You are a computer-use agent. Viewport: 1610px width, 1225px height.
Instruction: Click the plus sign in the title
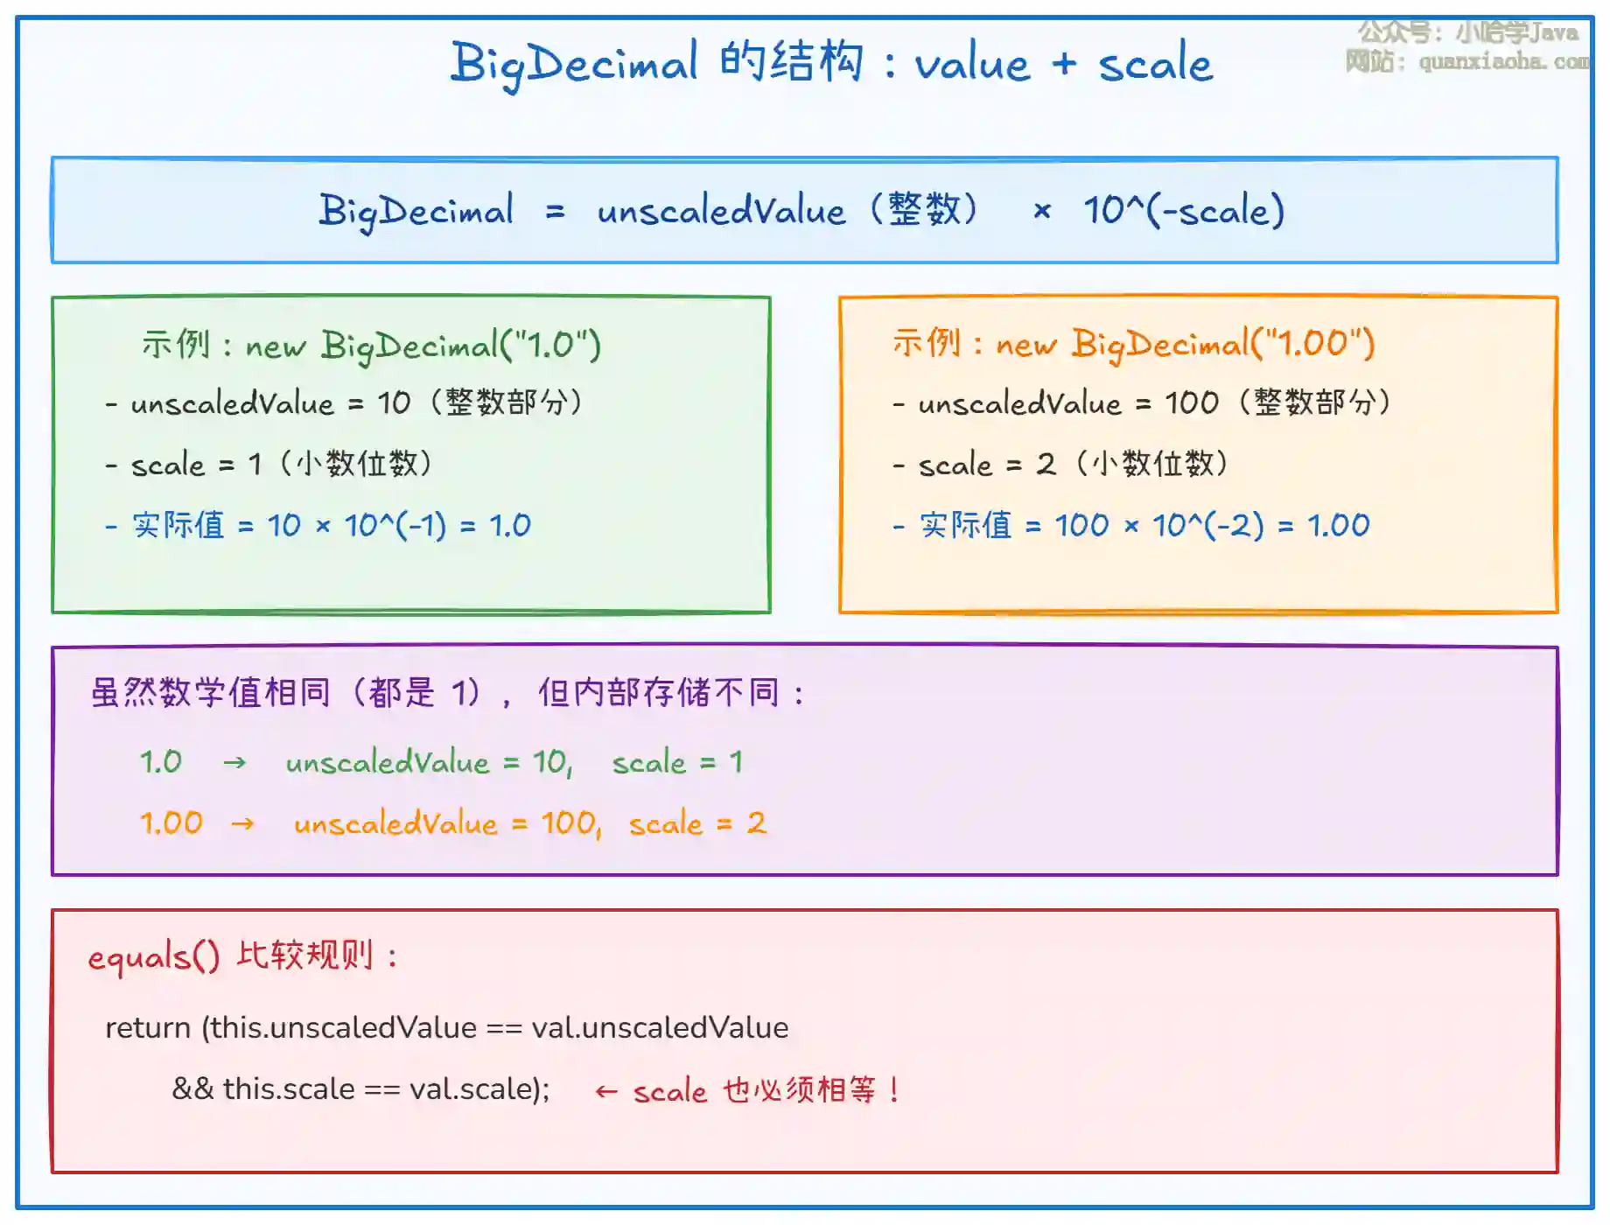pyautogui.click(x=1064, y=63)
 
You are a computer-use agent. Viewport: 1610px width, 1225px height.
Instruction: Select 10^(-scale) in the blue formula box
pyautogui.click(x=1184, y=210)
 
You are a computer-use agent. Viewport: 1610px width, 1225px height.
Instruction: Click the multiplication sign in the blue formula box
pyautogui.click(x=1041, y=211)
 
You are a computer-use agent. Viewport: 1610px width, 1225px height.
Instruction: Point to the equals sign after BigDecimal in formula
pyautogui.click(x=555, y=212)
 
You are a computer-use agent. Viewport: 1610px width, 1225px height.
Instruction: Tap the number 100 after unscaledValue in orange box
pyautogui.click(x=1191, y=402)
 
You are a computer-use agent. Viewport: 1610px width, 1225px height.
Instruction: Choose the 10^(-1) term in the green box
pyautogui.click(x=395, y=525)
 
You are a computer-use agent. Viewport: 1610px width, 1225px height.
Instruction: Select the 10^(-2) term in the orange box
pyautogui.click(x=1207, y=525)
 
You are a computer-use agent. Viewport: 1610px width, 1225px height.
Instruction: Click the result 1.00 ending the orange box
pyautogui.click(x=1338, y=525)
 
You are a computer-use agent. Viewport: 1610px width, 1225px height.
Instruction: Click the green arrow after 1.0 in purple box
pyautogui.click(x=234, y=763)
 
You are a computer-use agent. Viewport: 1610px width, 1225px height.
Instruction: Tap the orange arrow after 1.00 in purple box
pyautogui.click(x=242, y=823)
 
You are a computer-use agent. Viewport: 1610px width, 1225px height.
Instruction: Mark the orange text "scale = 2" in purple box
pyautogui.click(x=697, y=822)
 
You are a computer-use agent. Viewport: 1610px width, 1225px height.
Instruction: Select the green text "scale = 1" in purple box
pyautogui.click(x=677, y=762)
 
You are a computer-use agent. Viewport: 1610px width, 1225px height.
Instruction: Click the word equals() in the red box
pyautogui.click(x=154, y=957)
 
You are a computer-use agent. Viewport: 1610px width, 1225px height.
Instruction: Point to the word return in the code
pyautogui.click(x=148, y=1027)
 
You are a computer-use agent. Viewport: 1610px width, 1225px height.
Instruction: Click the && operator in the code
pyautogui.click(x=192, y=1088)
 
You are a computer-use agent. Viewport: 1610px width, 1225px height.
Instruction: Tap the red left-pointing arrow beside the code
pyautogui.click(x=605, y=1091)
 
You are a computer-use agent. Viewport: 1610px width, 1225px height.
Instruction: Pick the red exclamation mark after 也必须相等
pyautogui.click(x=893, y=1089)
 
